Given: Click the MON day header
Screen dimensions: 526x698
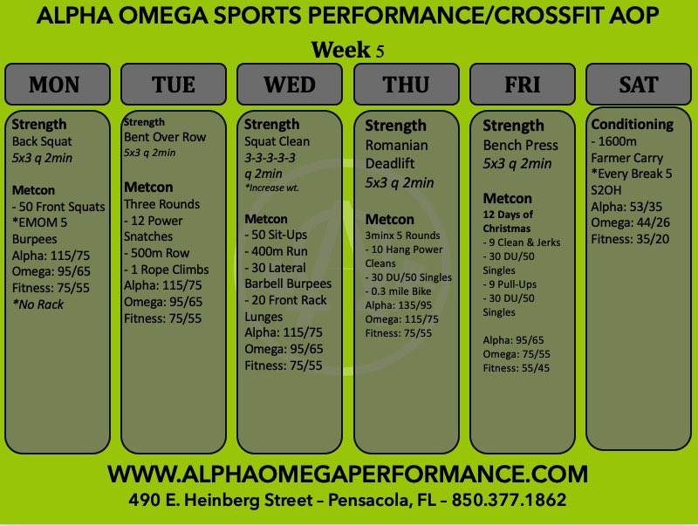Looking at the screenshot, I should pos(54,85).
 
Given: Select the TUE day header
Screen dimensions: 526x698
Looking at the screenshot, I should pos(173,85).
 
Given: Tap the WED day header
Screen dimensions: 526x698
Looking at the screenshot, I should pos(289,85).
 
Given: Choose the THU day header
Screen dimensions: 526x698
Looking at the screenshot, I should pos(406,85).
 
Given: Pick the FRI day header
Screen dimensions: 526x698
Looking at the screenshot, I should pos(522,85).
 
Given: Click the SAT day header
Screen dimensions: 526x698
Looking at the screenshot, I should pos(638,85).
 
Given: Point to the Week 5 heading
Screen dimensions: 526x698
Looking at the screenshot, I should pos(347,51).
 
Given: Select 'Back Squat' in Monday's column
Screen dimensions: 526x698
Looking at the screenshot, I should pos(42,141).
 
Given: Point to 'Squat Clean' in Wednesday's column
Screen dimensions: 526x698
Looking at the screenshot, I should pos(277,141).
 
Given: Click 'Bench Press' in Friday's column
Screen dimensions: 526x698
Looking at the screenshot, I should pos(520,145).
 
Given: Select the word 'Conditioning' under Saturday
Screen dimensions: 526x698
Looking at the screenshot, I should pos(632,124).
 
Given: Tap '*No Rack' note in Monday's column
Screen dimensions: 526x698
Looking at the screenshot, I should pos(38,304).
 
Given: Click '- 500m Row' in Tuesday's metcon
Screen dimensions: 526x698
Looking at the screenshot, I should pos(159,254).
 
